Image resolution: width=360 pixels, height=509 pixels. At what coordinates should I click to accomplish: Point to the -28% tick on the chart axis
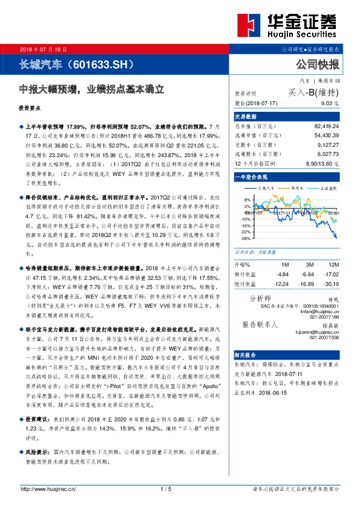tap(244, 237)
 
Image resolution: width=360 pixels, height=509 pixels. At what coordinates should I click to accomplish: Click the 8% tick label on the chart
tap(246, 199)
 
